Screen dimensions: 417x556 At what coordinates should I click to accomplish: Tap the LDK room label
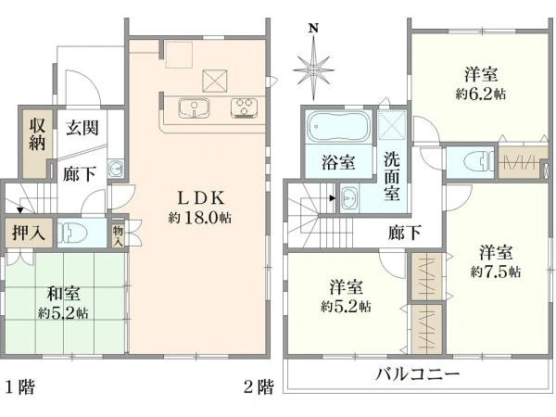[x=199, y=197]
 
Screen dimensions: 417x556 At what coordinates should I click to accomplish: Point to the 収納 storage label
[x=36, y=133]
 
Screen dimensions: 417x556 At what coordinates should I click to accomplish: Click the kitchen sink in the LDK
[x=193, y=108]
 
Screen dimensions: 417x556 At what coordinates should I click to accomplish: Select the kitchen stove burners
[x=246, y=107]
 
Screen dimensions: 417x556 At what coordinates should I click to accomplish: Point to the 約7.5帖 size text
[x=495, y=272]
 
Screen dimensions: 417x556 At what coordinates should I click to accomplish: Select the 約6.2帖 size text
[x=480, y=94]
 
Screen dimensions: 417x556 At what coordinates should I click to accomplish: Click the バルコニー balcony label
[x=417, y=374]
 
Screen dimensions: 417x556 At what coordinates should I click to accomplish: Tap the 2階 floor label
[x=259, y=385]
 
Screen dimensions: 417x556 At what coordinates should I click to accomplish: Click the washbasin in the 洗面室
[x=350, y=198]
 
